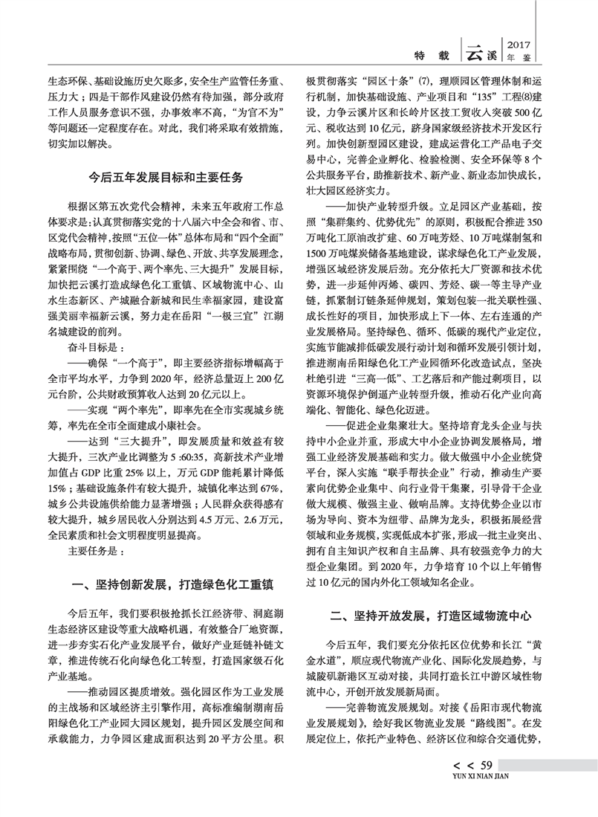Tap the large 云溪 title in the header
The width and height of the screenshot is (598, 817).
coord(484,53)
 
